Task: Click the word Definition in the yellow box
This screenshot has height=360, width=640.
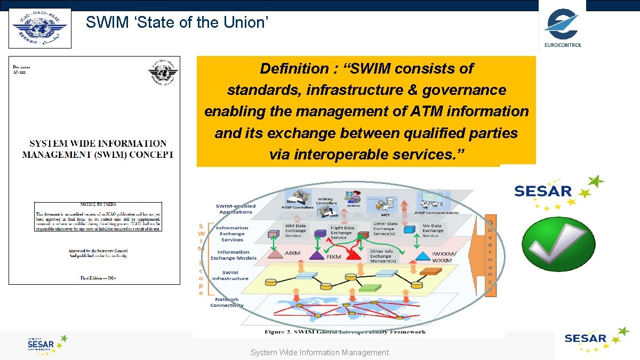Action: point(294,68)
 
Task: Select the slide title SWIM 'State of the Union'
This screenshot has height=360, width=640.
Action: point(177,22)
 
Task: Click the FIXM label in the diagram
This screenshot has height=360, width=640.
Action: point(334,257)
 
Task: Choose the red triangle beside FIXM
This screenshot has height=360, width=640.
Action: point(353,255)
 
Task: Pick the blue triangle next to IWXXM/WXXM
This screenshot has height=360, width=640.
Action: point(423,255)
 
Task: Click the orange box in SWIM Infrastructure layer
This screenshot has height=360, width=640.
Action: point(430,272)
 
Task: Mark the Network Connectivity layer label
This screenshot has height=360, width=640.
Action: point(227,302)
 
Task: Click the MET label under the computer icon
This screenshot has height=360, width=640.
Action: point(385,215)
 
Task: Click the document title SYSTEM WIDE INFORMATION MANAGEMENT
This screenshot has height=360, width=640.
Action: point(98,149)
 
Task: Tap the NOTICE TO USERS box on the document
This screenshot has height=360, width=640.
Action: point(98,217)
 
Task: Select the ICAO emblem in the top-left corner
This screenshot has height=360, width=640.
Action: point(40,28)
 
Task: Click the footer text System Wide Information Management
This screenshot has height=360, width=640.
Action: point(319,353)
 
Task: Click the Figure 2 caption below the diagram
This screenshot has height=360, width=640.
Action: point(345,332)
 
